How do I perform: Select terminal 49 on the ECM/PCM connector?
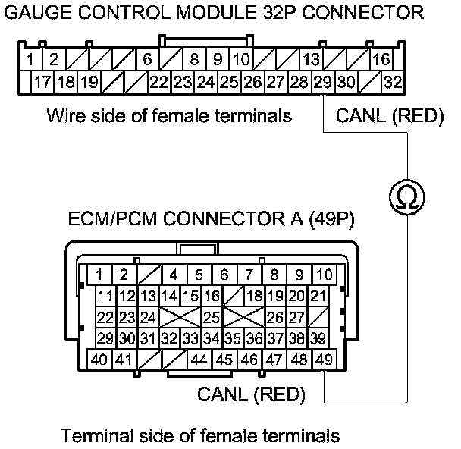point(325,359)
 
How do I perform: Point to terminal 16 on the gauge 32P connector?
point(381,59)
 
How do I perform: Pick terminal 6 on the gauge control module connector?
point(147,59)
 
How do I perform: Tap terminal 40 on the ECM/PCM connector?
point(99,359)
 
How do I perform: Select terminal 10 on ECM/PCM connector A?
point(324,275)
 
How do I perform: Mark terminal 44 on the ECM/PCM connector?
point(199,359)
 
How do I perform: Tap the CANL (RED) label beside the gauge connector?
point(388,117)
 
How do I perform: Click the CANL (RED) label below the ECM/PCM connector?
point(251,394)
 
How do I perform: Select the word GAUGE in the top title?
point(37,13)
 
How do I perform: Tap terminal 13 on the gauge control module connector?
point(311,59)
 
